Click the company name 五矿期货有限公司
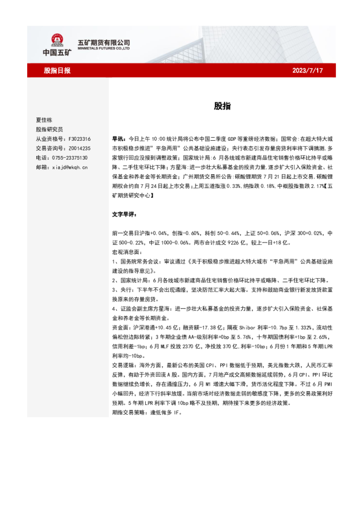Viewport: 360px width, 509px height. coord(104,43)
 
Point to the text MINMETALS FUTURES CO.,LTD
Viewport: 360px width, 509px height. coord(104,49)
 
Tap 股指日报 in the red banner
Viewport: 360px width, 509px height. coord(57,70)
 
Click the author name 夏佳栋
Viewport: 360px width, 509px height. coord(44,120)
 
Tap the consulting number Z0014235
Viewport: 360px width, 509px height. coord(79,148)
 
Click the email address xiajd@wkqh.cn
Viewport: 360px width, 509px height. coord(70,166)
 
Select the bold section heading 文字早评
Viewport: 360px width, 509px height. coord(123,214)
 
